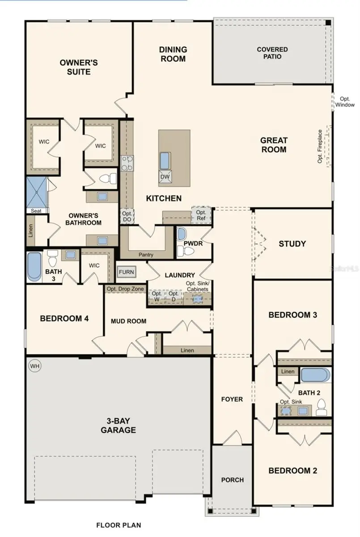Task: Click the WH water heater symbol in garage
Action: tap(35, 366)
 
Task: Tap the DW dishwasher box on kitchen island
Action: tap(165, 177)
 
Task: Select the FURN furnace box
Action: tap(126, 272)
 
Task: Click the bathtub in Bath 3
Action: tap(34, 267)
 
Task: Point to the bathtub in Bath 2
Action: tap(315, 375)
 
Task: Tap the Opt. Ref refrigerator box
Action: tap(201, 215)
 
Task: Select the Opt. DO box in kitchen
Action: tap(127, 217)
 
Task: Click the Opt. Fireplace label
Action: tap(320, 146)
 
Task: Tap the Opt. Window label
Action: tap(347, 102)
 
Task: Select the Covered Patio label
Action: tap(272, 53)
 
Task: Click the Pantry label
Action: tap(146, 255)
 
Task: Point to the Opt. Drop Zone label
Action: tap(125, 289)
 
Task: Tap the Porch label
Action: tap(233, 480)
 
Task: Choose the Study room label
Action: tap(292, 244)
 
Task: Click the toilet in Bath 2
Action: tap(321, 406)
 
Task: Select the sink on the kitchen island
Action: tap(165, 160)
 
